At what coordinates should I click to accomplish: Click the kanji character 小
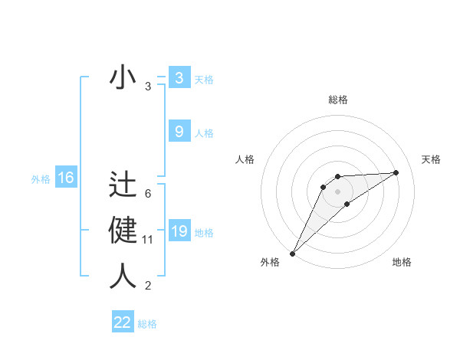tap(123, 79)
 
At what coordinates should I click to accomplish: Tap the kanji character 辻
tap(123, 185)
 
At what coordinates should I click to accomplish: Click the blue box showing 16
tap(66, 178)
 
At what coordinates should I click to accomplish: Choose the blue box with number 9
tap(179, 132)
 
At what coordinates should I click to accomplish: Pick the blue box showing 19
tap(179, 231)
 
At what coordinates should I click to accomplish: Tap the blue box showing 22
tap(123, 322)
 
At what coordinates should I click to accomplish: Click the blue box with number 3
tap(179, 78)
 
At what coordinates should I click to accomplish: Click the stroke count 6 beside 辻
tap(148, 194)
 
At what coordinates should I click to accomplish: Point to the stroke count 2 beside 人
tap(148, 286)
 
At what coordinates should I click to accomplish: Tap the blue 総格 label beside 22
tap(147, 324)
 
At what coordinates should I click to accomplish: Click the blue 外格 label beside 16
tap(41, 179)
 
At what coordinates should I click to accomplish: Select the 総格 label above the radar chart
tap(337, 100)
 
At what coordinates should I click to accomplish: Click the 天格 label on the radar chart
tap(432, 159)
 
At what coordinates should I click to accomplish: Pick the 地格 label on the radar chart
tap(402, 262)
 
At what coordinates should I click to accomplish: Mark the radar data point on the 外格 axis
tap(292, 254)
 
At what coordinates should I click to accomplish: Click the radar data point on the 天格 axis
tap(396, 172)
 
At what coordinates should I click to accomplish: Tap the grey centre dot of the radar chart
tap(337, 191)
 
